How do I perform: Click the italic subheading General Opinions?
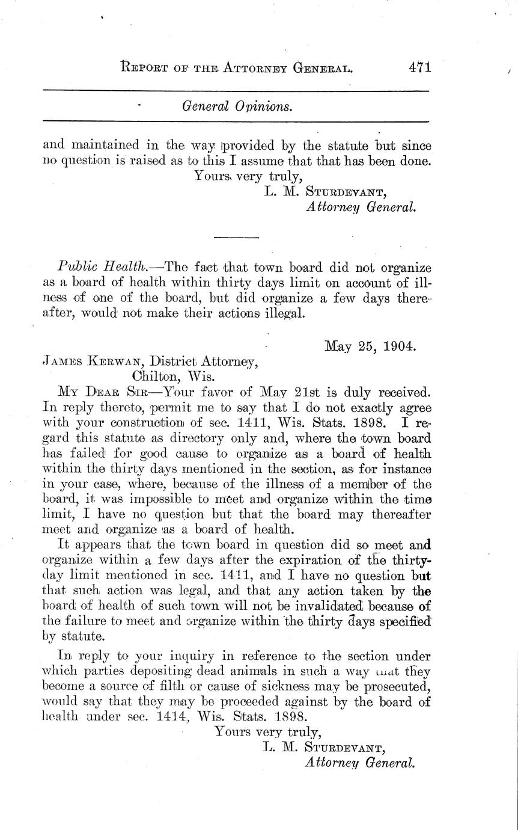coord(237,106)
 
